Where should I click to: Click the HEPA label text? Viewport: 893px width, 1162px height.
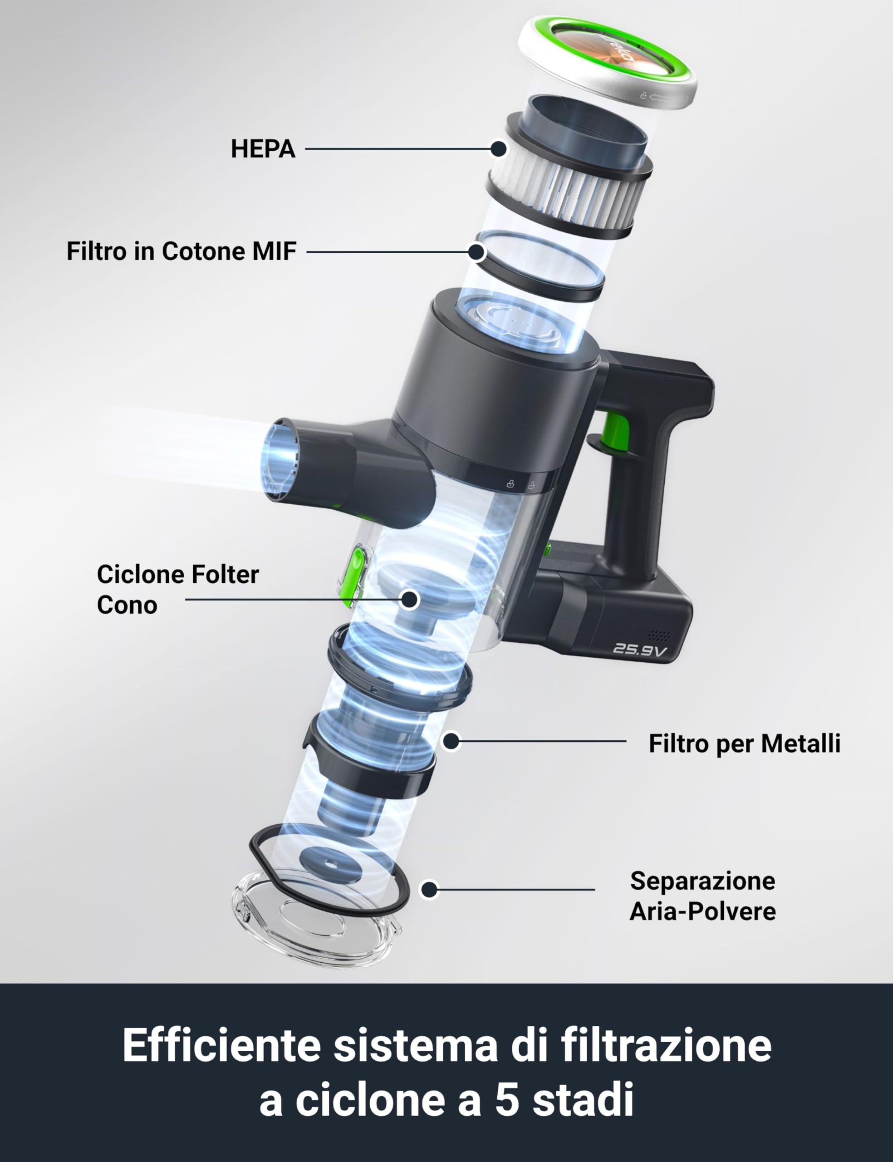263,149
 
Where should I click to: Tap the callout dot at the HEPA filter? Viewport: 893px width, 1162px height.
498,149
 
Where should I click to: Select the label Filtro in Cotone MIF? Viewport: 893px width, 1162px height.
181,251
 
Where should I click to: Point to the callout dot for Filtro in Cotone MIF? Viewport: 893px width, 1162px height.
477,251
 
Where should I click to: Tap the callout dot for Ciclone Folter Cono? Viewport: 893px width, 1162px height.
409,600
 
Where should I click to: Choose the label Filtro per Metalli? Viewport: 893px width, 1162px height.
744,743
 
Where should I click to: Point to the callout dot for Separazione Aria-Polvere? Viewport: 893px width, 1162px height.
430,889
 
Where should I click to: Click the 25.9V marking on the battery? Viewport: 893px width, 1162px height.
639,650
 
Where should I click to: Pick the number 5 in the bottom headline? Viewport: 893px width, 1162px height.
508,1100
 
